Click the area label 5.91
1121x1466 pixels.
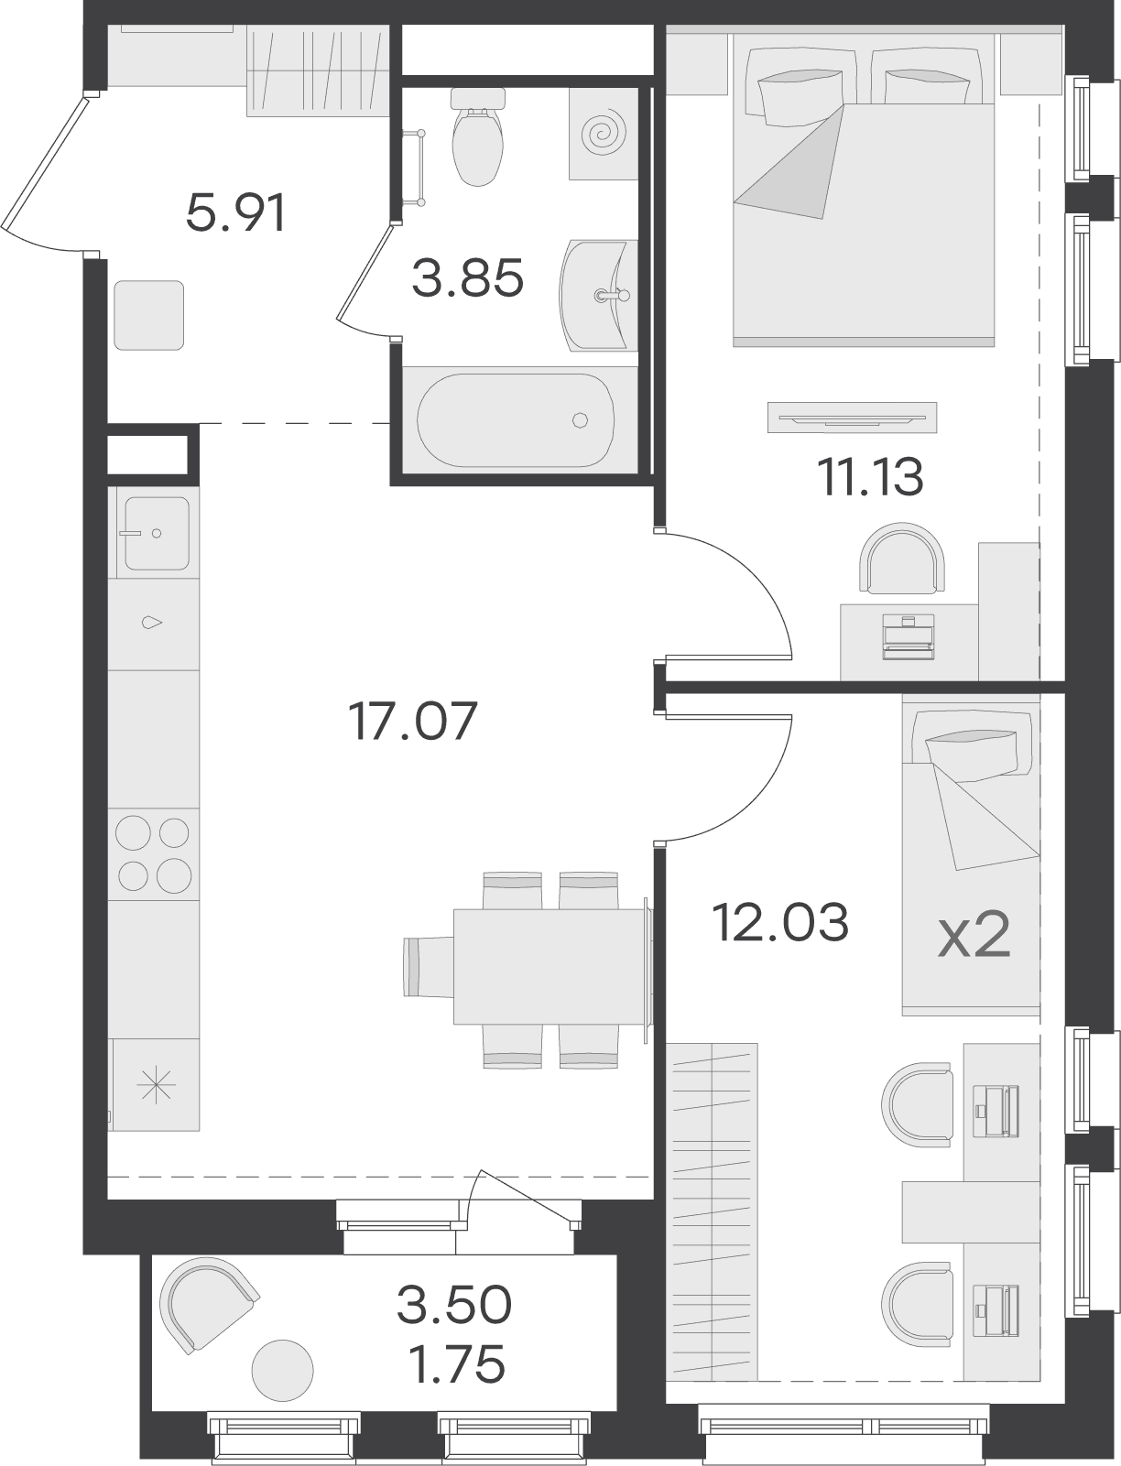[x=236, y=212]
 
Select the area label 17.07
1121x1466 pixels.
[x=414, y=722]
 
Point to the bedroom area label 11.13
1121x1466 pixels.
[x=870, y=477]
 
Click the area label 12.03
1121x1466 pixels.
[x=781, y=922]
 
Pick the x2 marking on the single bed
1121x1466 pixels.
[x=974, y=937]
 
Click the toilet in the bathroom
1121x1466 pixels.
[x=477, y=137]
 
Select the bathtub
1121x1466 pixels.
[x=515, y=420]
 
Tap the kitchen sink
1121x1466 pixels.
[x=157, y=534]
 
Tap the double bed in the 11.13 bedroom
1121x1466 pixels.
[x=864, y=190]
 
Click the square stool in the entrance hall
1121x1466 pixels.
[x=149, y=315]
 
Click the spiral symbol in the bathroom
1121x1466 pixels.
[x=601, y=134]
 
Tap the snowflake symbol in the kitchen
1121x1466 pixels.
[x=156, y=1086]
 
